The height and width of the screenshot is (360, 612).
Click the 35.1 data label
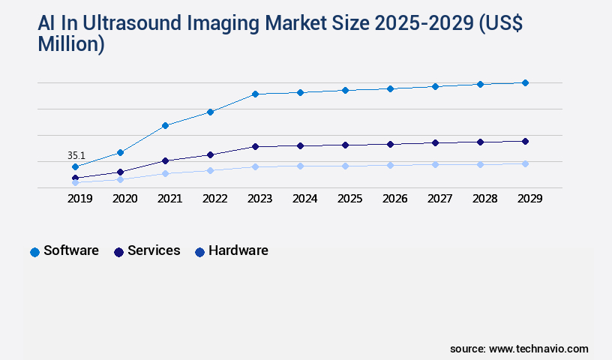click(x=76, y=156)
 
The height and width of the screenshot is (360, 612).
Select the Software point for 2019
click(x=75, y=166)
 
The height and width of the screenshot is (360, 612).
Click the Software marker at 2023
click(x=255, y=94)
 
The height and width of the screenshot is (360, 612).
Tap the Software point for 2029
click(x=525, y=82)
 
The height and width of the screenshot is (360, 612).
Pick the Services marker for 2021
click(x=165, y=160)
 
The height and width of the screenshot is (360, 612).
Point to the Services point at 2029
click(x=525, y=141)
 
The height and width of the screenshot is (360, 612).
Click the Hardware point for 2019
click(x=75, y=182)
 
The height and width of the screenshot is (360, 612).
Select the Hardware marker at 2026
click(x=390, y=165)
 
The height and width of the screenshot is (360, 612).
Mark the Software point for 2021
click(x=165, y=125)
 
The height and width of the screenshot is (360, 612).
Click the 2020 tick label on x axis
click(x=124, y=199)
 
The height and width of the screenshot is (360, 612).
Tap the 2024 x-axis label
click(x=304, y=199)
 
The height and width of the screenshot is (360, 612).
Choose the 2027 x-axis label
click(x=439, y=199)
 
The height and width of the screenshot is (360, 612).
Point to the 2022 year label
click(x=214, y=199)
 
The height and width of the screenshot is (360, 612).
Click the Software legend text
click(x=71, y=250)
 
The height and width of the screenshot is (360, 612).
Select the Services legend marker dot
click(x=118, y=252)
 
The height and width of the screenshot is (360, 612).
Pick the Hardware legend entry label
click(x=238, y=250)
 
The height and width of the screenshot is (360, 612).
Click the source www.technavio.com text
click(x=519, y=349)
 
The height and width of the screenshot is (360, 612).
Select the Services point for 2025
click(x=345, y=145)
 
